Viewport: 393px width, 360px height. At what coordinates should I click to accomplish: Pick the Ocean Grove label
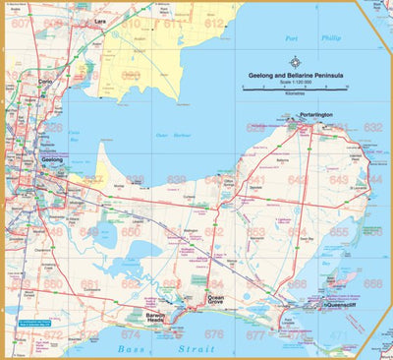(215, 299)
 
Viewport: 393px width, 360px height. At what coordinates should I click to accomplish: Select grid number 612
(214, 22)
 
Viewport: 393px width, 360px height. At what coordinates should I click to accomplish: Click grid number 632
(372, 128)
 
